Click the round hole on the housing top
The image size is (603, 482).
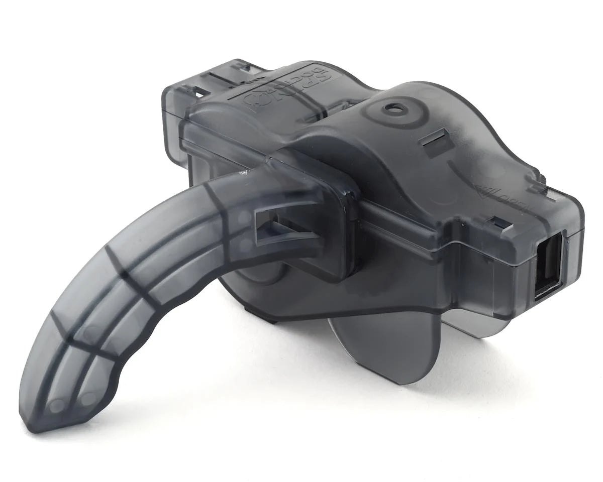click(x=391, y=107)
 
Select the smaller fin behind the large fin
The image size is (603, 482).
click(x=467, y=321)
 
